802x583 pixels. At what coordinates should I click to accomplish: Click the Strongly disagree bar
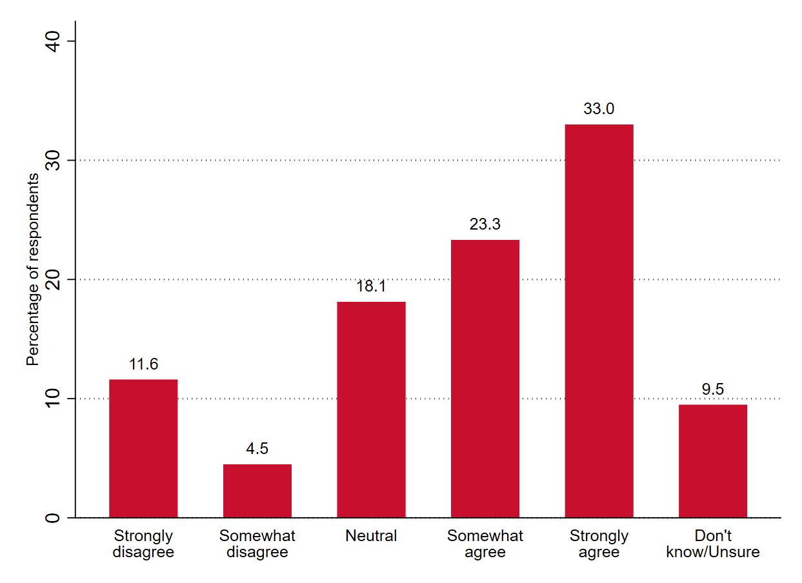(x=143, y=448)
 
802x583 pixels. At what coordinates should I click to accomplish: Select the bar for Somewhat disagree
(x=257, y=491)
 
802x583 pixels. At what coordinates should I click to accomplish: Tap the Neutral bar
(x=371, y=410)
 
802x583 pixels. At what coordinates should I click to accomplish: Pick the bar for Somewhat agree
(x=485, y=379)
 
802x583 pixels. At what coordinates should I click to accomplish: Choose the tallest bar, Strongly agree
(x=599, y=321)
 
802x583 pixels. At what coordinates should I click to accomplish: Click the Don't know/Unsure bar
(x=712, y=460)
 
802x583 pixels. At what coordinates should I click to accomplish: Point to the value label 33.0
(x=599, y=109)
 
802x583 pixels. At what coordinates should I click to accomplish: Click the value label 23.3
(x=485, y=224)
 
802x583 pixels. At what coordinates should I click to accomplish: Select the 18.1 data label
(x=371, y=286)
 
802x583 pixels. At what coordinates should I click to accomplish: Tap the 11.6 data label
(x=143, y=364)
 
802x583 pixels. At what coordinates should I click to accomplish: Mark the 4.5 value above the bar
(x=257, y=449)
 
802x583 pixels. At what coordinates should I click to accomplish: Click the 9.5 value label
(x=712, y=389)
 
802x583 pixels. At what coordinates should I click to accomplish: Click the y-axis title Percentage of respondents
(x=33, y=270)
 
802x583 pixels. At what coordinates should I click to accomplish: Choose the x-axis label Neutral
(x=371, y=536)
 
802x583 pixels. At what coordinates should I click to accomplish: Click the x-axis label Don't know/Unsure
(x=712, y=544)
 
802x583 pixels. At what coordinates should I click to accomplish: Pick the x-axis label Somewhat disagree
(x=257, y=544)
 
